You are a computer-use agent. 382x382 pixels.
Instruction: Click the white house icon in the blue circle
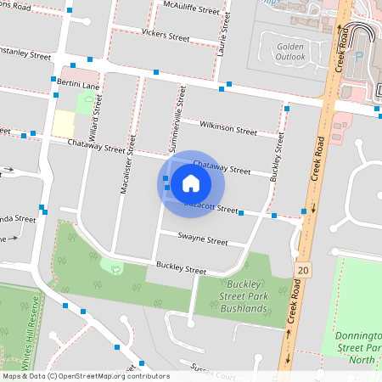pyautogui.click(x=191, y=183)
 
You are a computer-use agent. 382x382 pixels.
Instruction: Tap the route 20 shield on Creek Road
pyautogui.click(x=303, y=269)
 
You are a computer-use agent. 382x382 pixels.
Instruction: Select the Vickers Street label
pyautogui.click(x=166, y=37)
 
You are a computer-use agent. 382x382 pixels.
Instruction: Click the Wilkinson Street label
pyautogui.click(x=228, y=130)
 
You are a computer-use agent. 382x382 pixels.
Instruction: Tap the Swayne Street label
pyautogui.click(x=203, y=239)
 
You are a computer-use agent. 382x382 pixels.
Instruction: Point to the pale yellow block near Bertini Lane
pyautogui.click(x=63, y=122)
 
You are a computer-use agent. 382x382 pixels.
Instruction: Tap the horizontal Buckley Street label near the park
pyautogui.click(x=176, y=269)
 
